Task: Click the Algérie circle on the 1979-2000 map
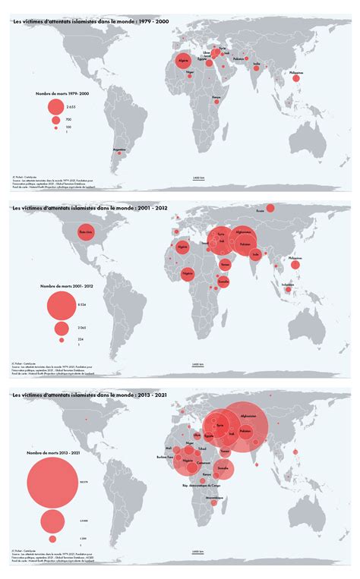[182, 60]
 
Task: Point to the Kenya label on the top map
[217, 96]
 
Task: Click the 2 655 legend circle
[55, 107]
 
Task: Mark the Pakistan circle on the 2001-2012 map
[245, 245]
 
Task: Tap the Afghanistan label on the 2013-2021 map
[248, 416]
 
